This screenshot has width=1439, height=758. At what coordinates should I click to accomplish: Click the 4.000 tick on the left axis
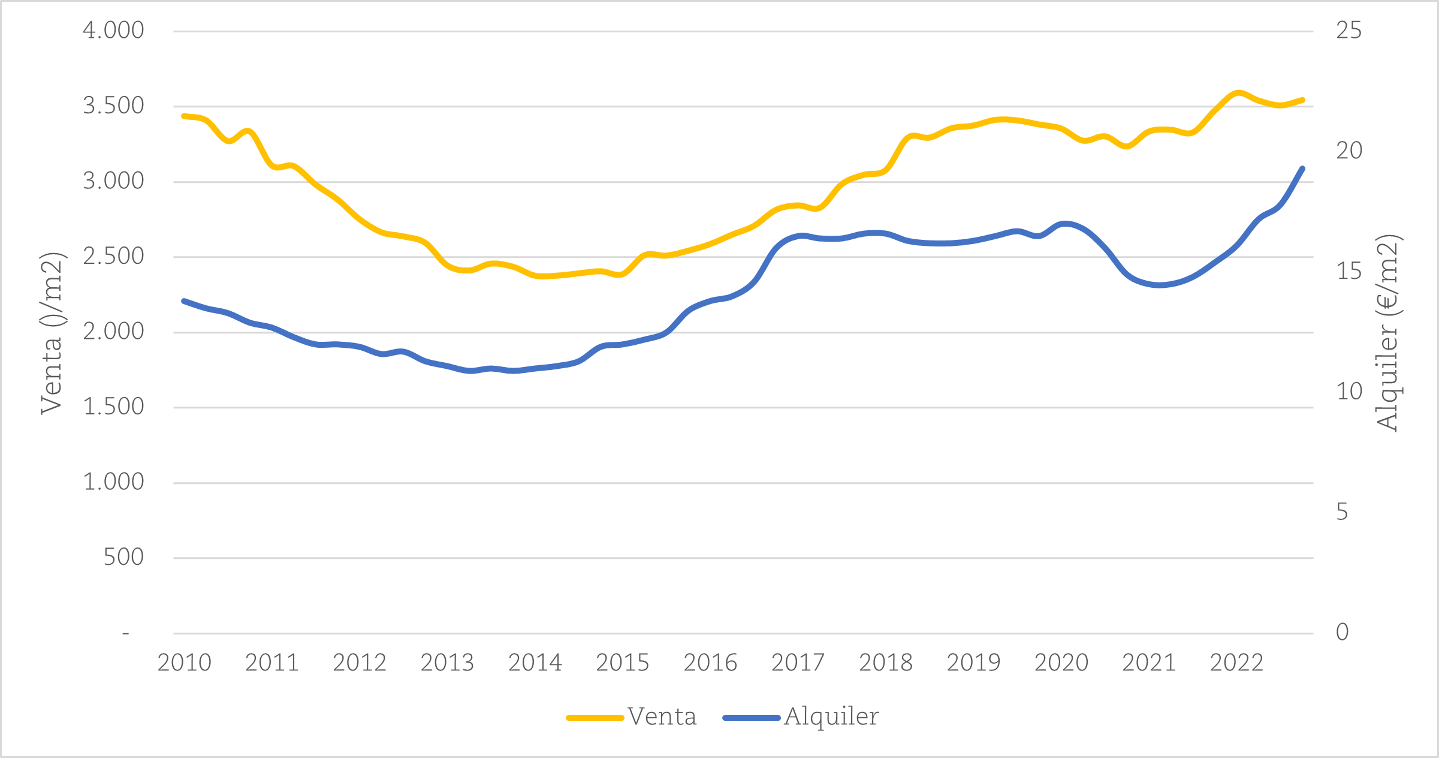113,30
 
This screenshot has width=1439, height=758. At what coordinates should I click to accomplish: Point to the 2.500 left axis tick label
113,256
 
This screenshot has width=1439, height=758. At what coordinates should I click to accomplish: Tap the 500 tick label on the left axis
123,557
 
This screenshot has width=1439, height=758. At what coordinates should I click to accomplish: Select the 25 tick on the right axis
1349,30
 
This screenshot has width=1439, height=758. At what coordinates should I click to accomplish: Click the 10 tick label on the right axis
1349,392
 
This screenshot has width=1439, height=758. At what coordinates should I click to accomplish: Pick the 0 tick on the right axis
1343,632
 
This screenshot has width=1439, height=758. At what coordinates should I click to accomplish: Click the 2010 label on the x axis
184,663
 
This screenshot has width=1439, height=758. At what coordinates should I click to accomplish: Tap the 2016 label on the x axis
710,663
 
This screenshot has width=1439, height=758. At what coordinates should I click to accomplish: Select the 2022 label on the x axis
1236,663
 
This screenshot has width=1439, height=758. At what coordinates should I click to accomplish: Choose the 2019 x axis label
973,663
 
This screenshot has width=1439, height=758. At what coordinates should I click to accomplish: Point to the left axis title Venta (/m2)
52,333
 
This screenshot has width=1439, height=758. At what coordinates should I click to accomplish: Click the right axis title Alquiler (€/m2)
1387,333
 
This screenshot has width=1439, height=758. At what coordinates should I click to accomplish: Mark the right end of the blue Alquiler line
1303,169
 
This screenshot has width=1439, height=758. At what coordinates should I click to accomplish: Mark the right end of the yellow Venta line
1303,100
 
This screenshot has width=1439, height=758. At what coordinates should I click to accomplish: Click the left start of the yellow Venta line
183,116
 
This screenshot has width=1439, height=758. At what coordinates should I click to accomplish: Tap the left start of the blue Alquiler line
183,301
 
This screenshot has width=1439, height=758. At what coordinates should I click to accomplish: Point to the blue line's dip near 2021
1160,285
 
